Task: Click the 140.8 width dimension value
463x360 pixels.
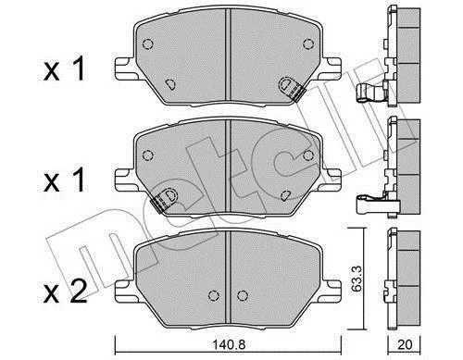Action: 229,344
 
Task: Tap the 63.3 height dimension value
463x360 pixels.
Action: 357,279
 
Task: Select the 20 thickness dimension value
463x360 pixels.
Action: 405,344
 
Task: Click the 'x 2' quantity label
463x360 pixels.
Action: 65,292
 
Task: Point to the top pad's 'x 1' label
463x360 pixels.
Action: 64,70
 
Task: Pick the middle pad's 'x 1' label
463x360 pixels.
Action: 64,180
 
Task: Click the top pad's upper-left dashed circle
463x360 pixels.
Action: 148,43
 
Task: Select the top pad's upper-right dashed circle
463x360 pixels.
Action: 308,43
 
